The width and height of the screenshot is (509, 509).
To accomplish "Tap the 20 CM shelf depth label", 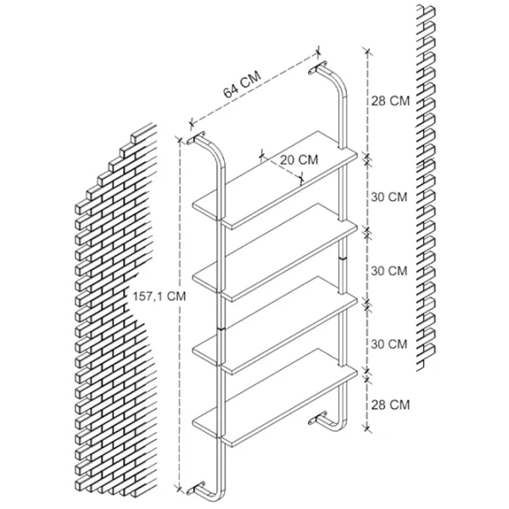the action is [299, 159].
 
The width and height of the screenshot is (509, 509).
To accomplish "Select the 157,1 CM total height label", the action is [159, 296].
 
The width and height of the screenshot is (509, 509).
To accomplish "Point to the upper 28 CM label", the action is [390, 101].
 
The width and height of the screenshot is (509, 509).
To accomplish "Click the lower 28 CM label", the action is [390, 405].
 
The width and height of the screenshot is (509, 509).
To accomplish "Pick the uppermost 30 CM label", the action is [389, 197].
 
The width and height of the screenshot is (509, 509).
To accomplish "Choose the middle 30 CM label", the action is [389, 271].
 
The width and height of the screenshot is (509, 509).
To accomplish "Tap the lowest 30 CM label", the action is [389, 344].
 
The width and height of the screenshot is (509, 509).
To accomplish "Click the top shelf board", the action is [275, 180].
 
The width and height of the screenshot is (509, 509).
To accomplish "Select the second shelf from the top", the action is [275, 253].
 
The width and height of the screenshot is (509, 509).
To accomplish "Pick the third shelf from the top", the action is [275, 326].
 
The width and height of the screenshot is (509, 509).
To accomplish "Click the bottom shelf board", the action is [275, 399].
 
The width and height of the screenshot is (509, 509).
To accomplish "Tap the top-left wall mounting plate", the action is [196, 138].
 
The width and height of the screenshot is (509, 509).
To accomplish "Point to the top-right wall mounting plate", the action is [317, 67].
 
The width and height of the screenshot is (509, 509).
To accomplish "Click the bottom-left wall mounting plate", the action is [196, 489].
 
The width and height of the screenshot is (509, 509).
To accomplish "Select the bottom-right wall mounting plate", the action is [317, 419].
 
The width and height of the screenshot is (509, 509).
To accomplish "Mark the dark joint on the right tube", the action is [343, 258].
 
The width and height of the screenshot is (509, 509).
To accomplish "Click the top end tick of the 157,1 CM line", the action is [179, 140].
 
